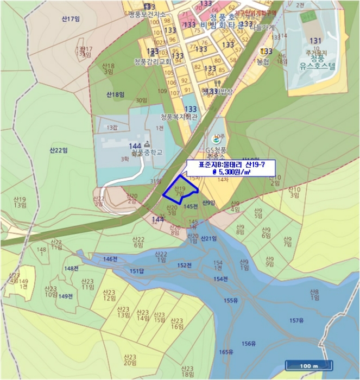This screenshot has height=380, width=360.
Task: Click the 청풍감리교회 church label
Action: tap(152, 62)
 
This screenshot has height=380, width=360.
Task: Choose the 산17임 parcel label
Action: tap(71, 19)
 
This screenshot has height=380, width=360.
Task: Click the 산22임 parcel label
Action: tap(57, 150)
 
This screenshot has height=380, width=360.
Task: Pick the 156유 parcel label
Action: tap(249, 344)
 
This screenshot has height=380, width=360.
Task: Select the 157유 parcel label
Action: tap(296, 320)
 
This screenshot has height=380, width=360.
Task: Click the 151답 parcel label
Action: tap(137, 271)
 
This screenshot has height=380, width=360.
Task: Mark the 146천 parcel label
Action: tap(110, 259)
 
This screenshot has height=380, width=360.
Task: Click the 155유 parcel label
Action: tap(231, 301)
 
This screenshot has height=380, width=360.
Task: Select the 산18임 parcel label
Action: tap(116, 95)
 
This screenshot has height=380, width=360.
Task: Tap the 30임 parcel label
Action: tap(142, 100)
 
